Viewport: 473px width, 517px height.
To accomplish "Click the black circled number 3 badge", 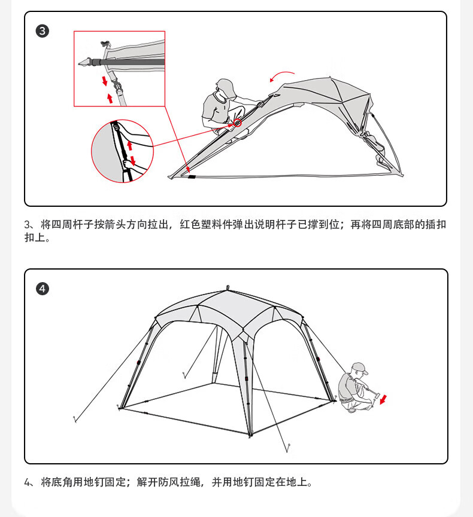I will click(43, 31).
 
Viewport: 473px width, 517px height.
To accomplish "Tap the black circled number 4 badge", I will click(43, 289).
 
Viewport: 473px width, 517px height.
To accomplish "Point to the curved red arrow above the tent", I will click(281, 76).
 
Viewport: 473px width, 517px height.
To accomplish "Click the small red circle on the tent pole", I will click(238, 123).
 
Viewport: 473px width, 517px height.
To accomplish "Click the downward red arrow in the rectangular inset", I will click(105, 80).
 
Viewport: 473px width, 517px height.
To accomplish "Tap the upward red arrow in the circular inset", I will click(129, 145).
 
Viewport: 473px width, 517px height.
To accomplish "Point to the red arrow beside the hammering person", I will click(383, 399).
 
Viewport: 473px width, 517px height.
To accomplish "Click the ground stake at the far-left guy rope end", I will click(74, 420).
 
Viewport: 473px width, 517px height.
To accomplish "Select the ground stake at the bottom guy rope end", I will click(288, 446).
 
